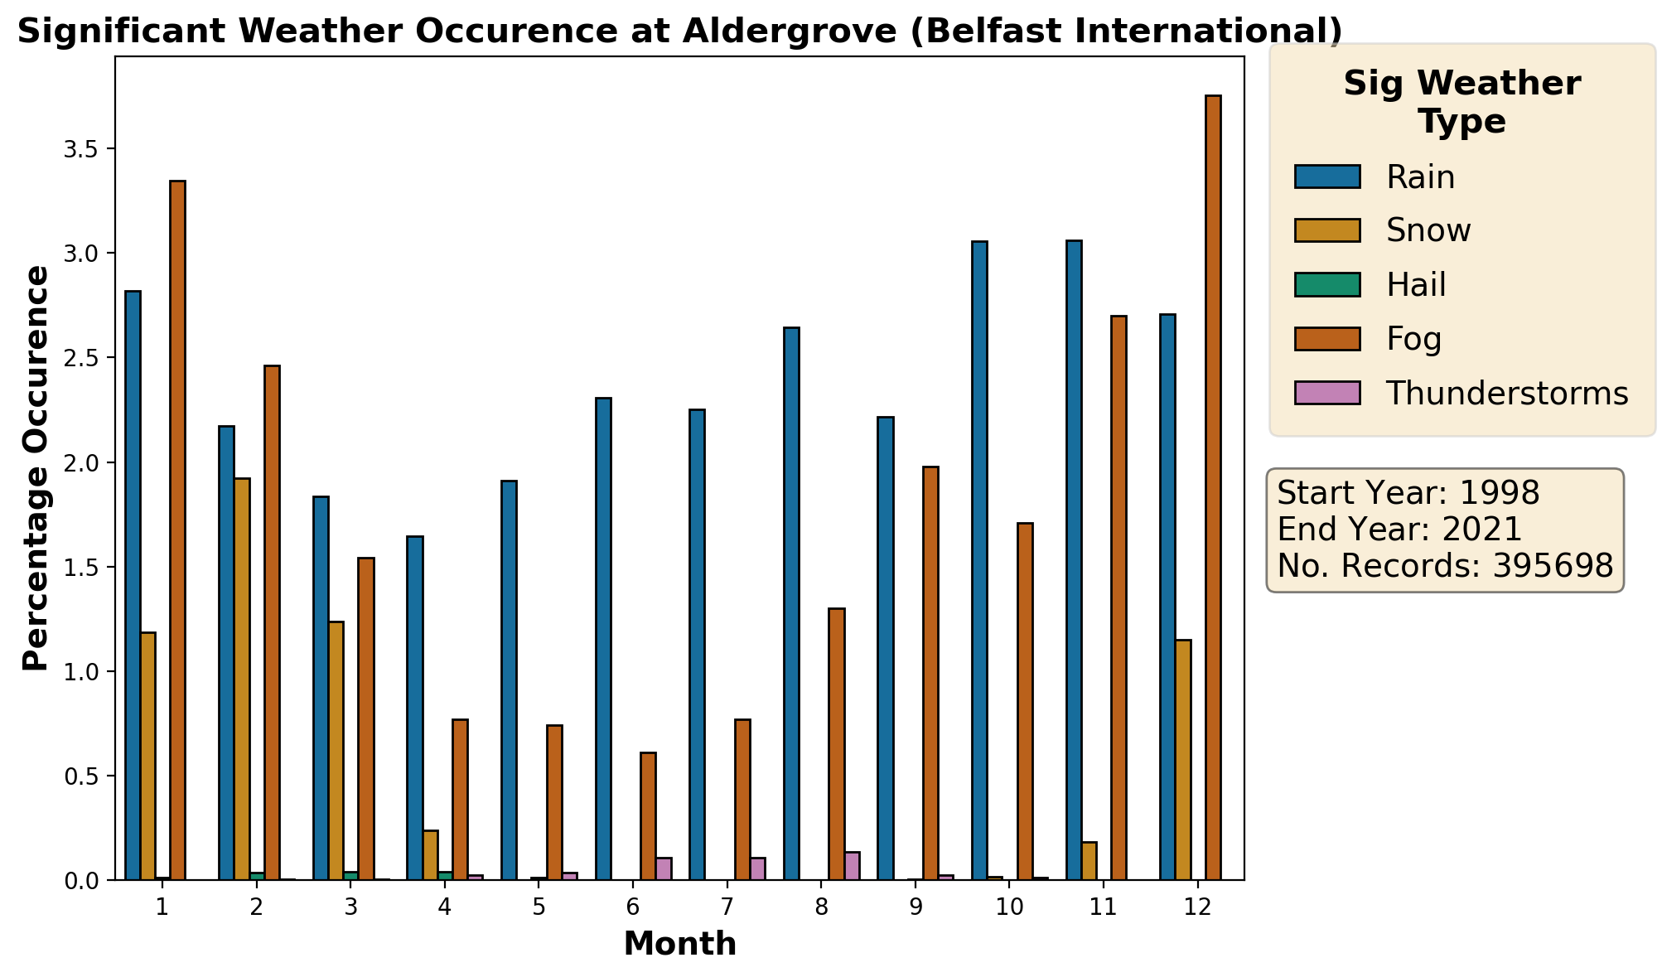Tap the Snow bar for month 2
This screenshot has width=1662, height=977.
pyautogui.click(x=242, y=679)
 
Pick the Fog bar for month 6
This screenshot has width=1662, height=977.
pyautogui.click(x=648, y=816)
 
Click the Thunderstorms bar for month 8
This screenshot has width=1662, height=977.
pyautogui.click(x=852, y=866)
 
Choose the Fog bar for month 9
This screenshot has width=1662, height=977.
pyautogui.click(x=930, y=673)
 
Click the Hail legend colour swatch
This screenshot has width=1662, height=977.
pyautogui.click(x=1327, y=284)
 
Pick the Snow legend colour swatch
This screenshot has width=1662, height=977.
pyautogui.click(x=1327, y=230)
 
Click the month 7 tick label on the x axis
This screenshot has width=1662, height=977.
pyautogui.click(x=727, y=907)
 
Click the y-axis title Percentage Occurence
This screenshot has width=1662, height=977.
pyautogui.click(x=36, y=468)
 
